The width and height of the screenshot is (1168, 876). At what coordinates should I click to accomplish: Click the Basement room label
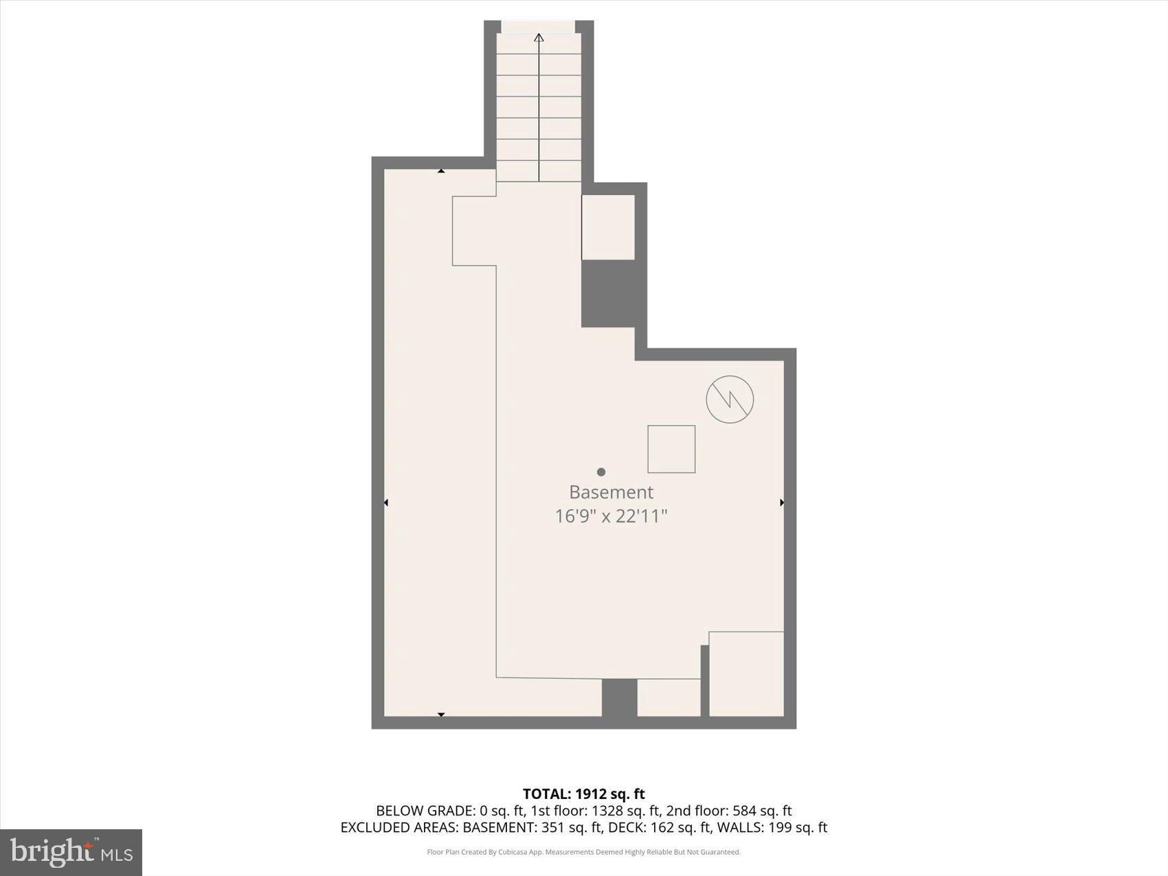click(x=611, y=492)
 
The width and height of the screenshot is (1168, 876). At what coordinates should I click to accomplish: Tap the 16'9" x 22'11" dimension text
click(x=611, y=516)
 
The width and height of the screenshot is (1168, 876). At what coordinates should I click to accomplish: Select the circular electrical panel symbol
click(x=730, y=399)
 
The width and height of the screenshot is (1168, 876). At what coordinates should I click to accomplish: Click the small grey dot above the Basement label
click(x=601, y=472)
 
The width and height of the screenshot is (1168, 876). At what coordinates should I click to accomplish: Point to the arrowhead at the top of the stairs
click(x=539, y=38)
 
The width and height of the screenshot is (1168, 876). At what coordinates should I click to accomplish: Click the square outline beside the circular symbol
click(x=671, y=449)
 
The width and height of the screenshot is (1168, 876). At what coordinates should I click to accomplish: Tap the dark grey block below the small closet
click(x=609, y=293)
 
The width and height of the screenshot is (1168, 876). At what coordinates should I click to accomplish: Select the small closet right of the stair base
click(x=608, y=227)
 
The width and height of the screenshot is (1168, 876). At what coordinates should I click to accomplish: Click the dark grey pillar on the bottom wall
click(x=619, y=697)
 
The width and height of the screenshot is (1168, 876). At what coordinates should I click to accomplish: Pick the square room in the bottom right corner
click(x=746, y=674)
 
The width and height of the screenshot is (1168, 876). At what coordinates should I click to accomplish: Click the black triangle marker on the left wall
click(x=385, y=503)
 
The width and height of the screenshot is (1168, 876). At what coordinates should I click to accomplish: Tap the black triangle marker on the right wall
click(x=782, y=503)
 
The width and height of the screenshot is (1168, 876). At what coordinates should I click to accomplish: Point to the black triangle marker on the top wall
click(x=441, y=171)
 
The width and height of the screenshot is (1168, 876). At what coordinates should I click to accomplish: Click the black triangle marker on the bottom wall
click(x=441, y=715)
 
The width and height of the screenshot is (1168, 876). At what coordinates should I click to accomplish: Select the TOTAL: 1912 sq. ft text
click(x=583, y=794)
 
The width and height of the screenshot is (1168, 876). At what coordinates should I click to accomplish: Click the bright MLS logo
click(x=71, y=853)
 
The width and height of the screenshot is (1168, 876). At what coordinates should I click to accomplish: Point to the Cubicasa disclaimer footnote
click(x=583, y=852)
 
